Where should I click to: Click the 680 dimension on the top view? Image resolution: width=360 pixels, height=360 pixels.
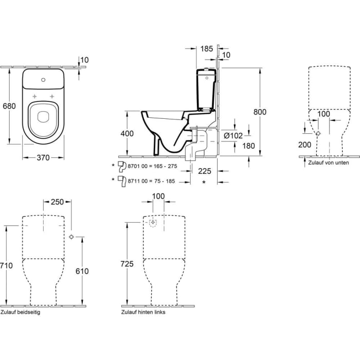tap(9, 106)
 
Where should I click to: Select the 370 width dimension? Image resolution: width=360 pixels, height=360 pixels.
tap(43, 158)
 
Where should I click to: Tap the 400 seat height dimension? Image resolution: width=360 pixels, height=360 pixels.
tap(127, 134)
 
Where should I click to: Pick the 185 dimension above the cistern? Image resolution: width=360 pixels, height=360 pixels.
tap(207, 49)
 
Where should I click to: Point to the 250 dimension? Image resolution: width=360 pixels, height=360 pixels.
tap(57, 202)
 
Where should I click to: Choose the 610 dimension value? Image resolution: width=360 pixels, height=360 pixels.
tap(82, 271)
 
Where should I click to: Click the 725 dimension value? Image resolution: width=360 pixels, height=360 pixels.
tap(127, 264)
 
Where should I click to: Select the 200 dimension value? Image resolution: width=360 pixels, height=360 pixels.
tap(304, 145)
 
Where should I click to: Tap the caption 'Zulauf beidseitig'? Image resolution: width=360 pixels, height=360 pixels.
tap(21, 312)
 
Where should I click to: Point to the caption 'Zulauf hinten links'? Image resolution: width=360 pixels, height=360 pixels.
tap(143, 312)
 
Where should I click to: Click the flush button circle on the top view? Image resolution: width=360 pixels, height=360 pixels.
tap(44, 80)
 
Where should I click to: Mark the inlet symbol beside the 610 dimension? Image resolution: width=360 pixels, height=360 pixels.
tap(71, 237)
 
